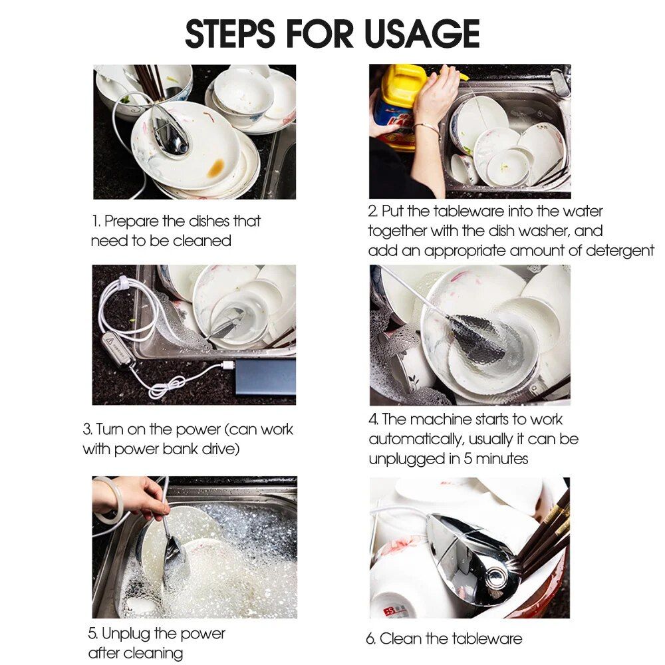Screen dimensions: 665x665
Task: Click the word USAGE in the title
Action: (422, 33)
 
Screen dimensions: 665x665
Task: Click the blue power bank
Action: (265, 376)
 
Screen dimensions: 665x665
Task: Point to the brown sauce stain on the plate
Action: (216, 168)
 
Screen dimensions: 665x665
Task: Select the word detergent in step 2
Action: (620, 251)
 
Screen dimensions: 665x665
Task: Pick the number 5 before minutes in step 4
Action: (467, 459)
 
